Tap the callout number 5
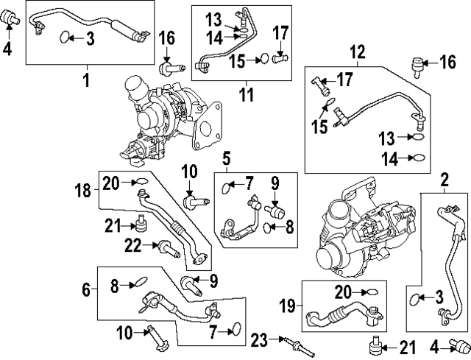[227, 157]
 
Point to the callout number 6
[86, 290]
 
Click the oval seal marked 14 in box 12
[417, 157]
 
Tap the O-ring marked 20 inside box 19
[374, 292]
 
